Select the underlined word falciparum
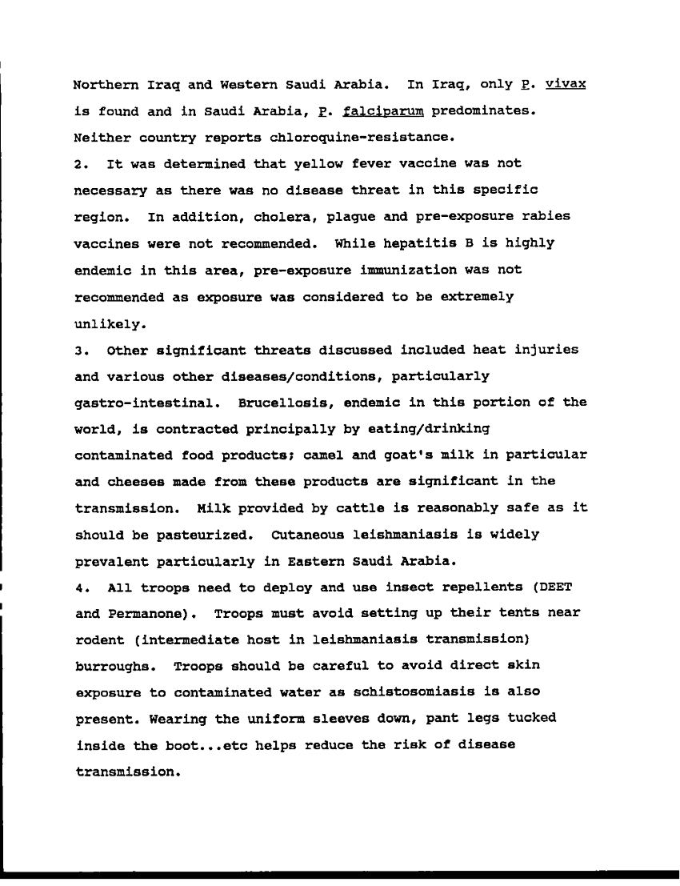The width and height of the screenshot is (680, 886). click(x=380, y=111)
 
